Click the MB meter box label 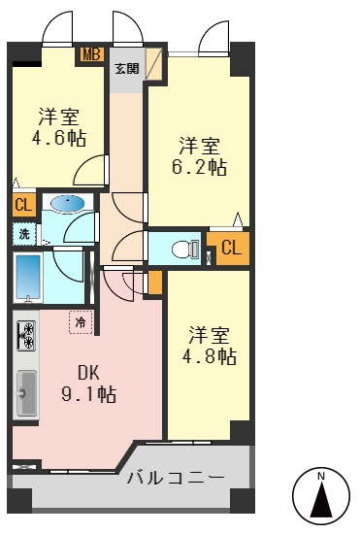click(92, 54)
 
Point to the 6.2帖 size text click(202, 167)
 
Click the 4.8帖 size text click(212, 356)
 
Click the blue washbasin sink click(65, 204)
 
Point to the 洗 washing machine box click(22, 233)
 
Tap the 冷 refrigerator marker click(82, 321)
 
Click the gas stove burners click(26, 336)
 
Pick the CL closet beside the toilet click(230, 249)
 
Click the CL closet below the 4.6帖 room click(22, 205)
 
